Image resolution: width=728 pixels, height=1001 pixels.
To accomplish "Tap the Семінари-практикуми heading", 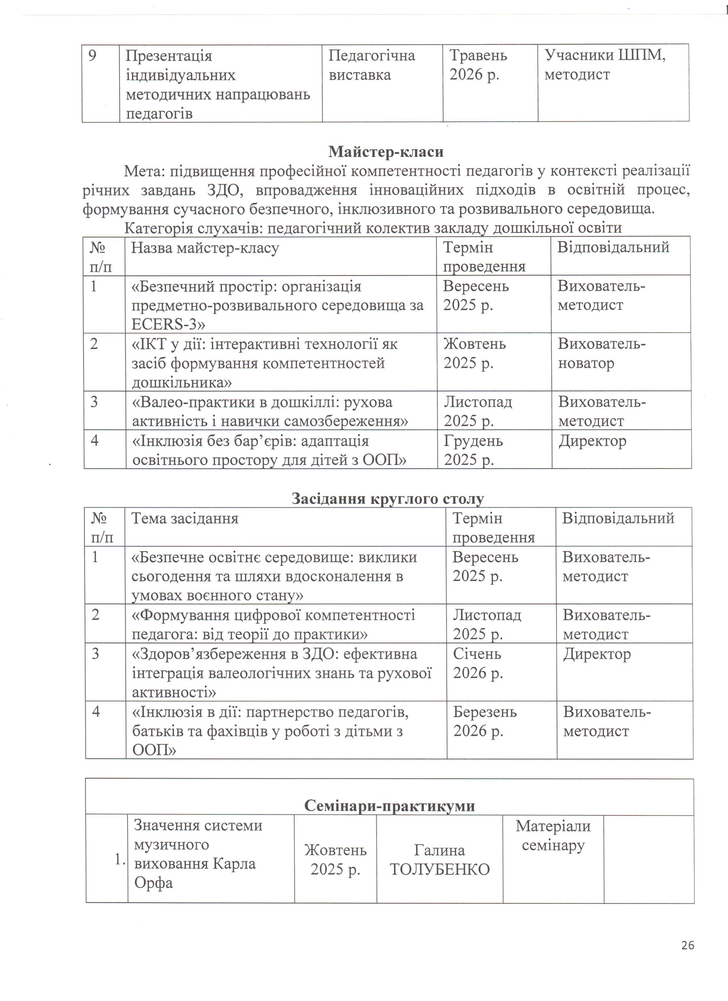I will pyautogui.click(x=389, y=806).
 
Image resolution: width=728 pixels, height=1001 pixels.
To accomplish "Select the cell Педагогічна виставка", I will pyautogui.click(x=372, y=65).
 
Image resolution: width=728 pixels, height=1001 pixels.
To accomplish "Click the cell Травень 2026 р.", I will pyautogui.click(x=478, y=65).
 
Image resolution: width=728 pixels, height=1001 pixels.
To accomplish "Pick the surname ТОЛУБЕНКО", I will pyautogui.click(x=440, y=869).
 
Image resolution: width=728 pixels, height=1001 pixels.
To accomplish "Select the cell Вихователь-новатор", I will pyautogui.click(x=602, y=354).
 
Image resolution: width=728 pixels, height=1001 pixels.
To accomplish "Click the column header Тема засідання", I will pyautogui.click(x=184, y=518).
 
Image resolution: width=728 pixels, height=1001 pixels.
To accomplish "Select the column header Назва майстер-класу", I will pyautogui.click(x=205, y=248).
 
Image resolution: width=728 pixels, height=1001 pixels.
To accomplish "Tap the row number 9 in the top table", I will pyautogui.click(x=92, y=56).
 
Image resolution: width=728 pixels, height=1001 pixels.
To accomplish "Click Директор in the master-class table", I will pyautogui.click(x=592, y=441).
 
